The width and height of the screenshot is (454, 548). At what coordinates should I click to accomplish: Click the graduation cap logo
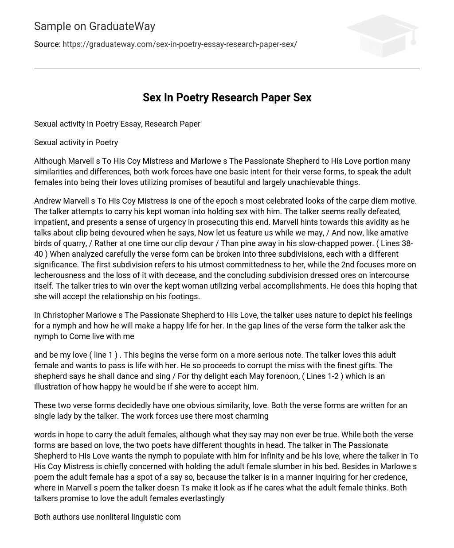pos(382,35)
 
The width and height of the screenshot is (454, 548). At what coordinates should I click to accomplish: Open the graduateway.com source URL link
pos(180,44)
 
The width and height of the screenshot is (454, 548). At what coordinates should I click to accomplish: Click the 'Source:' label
pos(47,44)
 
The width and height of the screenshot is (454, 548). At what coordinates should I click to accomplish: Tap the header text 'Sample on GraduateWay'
pos(94,27)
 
